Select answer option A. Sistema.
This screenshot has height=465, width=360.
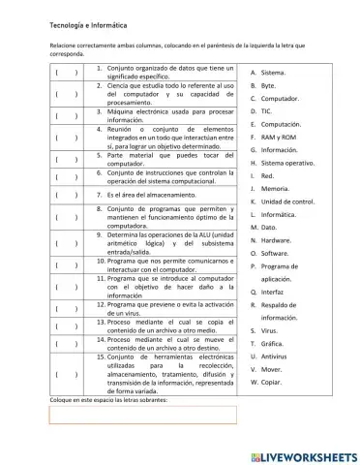click(x=267, y=73)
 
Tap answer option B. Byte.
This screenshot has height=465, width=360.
click(x=263, y=86)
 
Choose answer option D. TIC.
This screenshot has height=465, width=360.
click(x=261, y=111)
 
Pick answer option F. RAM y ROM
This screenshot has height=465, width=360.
click(x=273, y=138)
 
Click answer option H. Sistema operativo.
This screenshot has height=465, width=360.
click(x=282, y=164)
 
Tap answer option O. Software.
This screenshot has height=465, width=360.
click(x=270, y=252)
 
